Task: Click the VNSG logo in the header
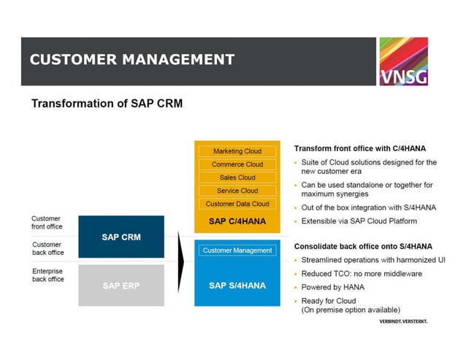(x=403, y=61)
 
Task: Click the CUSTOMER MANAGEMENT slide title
(x=132, y=60)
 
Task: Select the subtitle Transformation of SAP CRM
(x=107, y=104)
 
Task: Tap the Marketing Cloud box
(x=237, y=151)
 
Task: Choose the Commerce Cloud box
(x=237, y=164)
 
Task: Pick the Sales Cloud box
(x=237, y=177)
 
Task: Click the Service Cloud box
(x=237, y=191)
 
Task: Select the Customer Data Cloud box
(x=237, y=204)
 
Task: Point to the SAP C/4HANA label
(x=237, y=221)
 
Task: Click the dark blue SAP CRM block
(x=121, y=237)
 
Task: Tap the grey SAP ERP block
(x=121, y=286)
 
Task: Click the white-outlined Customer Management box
(x=237, y=250)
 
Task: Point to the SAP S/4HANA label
(x=237, y=286)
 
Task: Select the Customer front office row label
(x=47, y=223)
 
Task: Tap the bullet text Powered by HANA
(x=332, y=288)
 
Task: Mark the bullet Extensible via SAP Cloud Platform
(x=359, y=221)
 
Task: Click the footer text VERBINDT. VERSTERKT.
(x=402, y=321)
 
